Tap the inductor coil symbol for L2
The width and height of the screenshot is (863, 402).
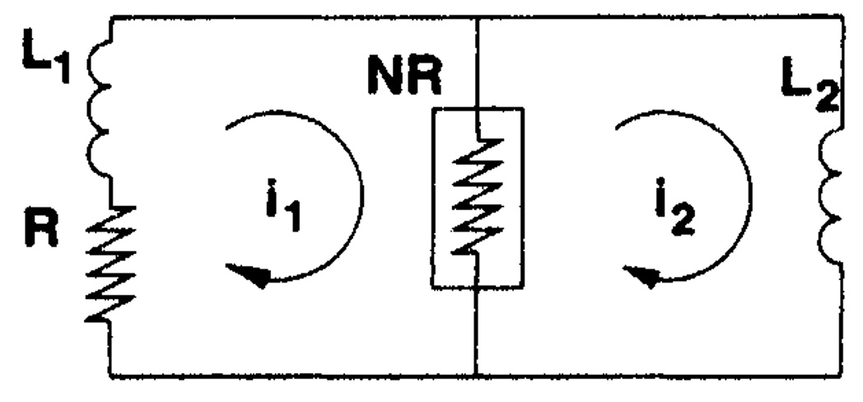tap(830, 195)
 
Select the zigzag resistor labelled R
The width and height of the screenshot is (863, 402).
tap(110, 264)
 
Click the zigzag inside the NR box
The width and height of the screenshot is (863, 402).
tap(477, 196)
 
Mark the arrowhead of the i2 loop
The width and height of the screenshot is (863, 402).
tap(643, 276)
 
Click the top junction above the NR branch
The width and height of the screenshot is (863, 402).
tap(477, 18)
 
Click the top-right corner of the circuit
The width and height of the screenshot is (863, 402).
tap(842, 17)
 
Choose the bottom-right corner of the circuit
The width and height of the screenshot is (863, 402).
tap(842, 376)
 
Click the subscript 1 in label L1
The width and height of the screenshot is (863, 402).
tap(63, 68)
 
